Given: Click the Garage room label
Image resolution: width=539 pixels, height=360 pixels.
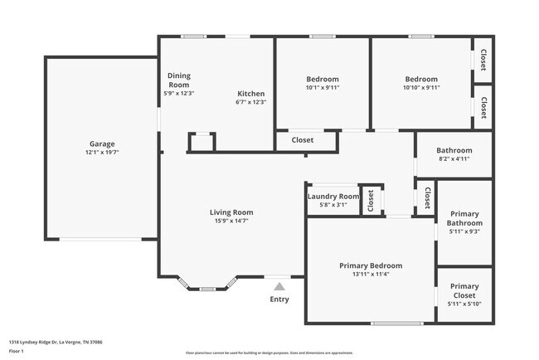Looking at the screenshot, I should click(102, 144).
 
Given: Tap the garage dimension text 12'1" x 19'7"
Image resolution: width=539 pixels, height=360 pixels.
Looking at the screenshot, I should click(102, 153).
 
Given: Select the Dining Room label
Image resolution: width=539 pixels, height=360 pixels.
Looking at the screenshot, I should click(179, 80).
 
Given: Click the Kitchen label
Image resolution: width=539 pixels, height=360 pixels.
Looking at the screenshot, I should click(251, 94).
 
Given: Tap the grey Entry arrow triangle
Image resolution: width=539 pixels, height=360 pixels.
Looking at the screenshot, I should click(279, 286).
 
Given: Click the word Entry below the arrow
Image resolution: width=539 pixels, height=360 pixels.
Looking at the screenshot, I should click(279, 299).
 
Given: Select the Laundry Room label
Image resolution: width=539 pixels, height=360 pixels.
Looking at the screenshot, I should click(333, 197).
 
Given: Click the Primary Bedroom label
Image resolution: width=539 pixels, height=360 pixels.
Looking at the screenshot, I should click(371, 265).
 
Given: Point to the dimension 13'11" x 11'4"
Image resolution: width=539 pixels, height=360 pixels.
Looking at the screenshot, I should click(371, 275).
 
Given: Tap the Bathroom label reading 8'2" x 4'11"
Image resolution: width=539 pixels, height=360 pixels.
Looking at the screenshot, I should click(454, 158).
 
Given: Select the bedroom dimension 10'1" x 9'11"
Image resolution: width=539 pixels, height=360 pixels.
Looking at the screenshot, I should click(323, 87).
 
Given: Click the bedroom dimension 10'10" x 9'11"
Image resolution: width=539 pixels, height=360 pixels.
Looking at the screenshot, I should click(421, 87).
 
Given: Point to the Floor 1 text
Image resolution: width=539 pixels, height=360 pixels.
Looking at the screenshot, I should click(17, 351).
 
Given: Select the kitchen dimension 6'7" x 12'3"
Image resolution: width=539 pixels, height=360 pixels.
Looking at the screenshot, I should click(251, 102).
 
